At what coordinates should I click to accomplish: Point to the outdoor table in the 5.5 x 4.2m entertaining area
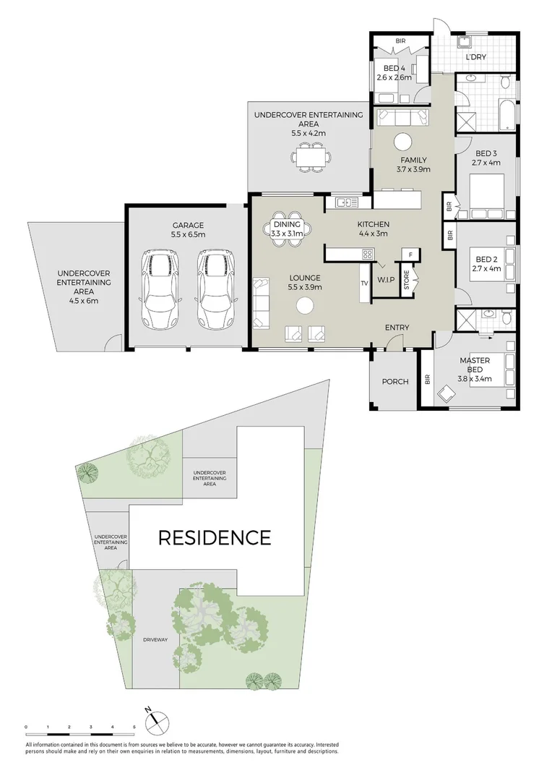pyautogui.click(x=311, y=156)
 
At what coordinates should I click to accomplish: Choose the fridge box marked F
pyautogui.click(x=410, y=255)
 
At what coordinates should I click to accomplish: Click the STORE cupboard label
pyautogui.click(x=406, y=280)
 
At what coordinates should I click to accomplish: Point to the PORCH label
pyautogui.click(x=394, y=382)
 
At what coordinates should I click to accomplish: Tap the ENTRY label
pyautogui.click(x=397, y=328)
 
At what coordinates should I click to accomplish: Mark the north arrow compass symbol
pyautogui.click(x=158, y=721)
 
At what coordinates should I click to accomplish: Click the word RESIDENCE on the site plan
pyautogui.click(x=215, y=538)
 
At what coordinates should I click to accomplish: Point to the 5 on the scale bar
pyautogui.click(x=134, y=726)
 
